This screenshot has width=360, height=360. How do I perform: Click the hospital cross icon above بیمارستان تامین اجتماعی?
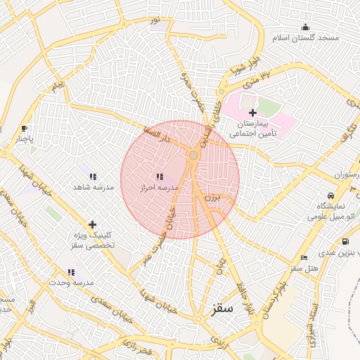(x=252, y=112)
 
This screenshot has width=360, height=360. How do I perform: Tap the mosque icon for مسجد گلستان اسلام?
(x=305, y=27)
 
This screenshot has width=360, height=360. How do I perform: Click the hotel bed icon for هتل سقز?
(x=304, y=258)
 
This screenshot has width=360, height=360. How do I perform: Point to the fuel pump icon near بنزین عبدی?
(x=345, y=242)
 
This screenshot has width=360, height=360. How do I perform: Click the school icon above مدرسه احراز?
(x=160, y=176)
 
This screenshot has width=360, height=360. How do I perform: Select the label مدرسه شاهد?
(x=89, y=188)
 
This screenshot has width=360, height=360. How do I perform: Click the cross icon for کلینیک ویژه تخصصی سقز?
(x=92, y=224)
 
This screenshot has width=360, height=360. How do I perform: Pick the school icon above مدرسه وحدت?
(x=71, y=271)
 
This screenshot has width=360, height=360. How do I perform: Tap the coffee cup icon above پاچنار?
(x=25, y=129)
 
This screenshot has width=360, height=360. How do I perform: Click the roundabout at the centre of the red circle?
(x=193, y=155)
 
